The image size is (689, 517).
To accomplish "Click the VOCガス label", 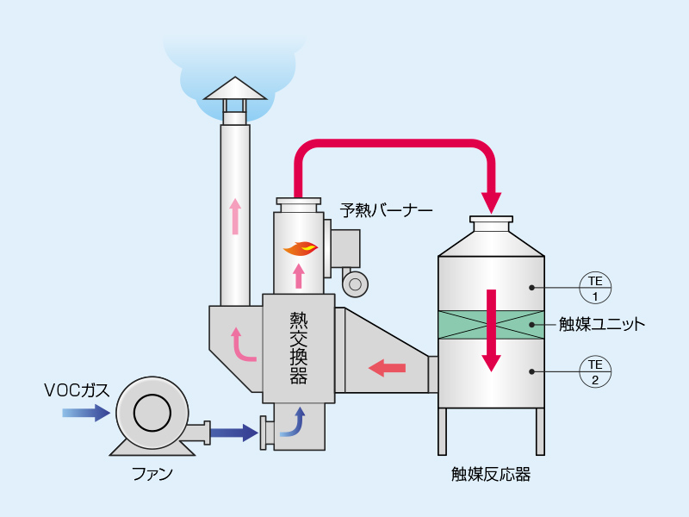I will pos(77,389).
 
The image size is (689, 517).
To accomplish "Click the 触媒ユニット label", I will pos(601,325).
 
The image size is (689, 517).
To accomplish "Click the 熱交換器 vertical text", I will pos(299,349).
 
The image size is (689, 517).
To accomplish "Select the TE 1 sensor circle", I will pos(594,287).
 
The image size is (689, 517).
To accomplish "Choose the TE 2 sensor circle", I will pos(594,371).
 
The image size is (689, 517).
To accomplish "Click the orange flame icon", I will pos(301,248).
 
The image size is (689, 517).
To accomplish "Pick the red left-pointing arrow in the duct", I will pos(387,369).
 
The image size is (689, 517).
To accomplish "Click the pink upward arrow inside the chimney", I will pos(235,217).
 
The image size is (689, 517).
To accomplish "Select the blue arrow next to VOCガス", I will pos(86,414).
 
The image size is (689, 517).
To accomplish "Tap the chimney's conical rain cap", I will pos(235,88).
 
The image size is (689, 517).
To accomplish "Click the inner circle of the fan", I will pos(152,414).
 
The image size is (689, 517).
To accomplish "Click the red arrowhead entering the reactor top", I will pos(491,202).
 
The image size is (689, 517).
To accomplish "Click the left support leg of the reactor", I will pos(443,431).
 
